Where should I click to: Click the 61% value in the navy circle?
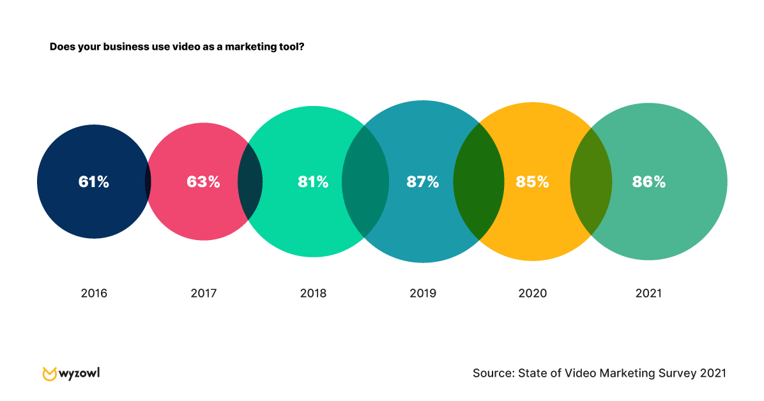94,182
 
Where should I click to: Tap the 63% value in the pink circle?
203,182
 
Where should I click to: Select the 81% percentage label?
313,182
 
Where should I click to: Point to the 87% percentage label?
423,182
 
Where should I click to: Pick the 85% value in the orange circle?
533,182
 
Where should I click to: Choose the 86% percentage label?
649,182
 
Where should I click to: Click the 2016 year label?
94,294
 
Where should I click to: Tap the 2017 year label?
204,294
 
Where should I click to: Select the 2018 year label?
313,294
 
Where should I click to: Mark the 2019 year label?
423,294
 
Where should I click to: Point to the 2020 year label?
533,294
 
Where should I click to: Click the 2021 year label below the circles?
649,294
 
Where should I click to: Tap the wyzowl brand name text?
80,372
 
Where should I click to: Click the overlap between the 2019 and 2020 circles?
478,181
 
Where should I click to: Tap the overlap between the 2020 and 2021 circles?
591,181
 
